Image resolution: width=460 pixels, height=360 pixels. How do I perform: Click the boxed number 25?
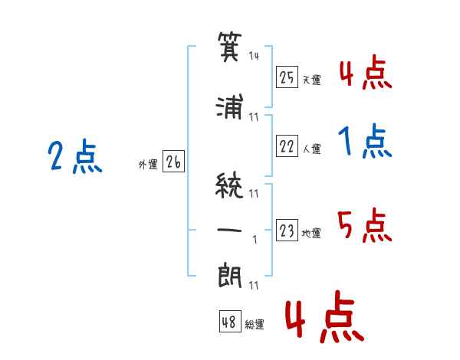pyautogui.click(x=287, y=77)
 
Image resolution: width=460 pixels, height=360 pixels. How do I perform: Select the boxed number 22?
pyautogui.click(x=287, y=146)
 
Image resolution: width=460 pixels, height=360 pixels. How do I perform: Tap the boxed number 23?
pyautogui.click(x=287, y=231)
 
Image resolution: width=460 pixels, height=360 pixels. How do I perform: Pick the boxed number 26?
pyautogui.click(x=172, y=162)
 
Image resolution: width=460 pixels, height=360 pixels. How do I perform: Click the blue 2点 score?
pyautogui.click(x=74, y=158)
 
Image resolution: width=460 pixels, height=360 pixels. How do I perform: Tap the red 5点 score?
pyautogui.click(x=364, y=226)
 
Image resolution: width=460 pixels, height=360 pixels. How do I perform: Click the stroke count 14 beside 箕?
pyautogui.click(x=255, y=55)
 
